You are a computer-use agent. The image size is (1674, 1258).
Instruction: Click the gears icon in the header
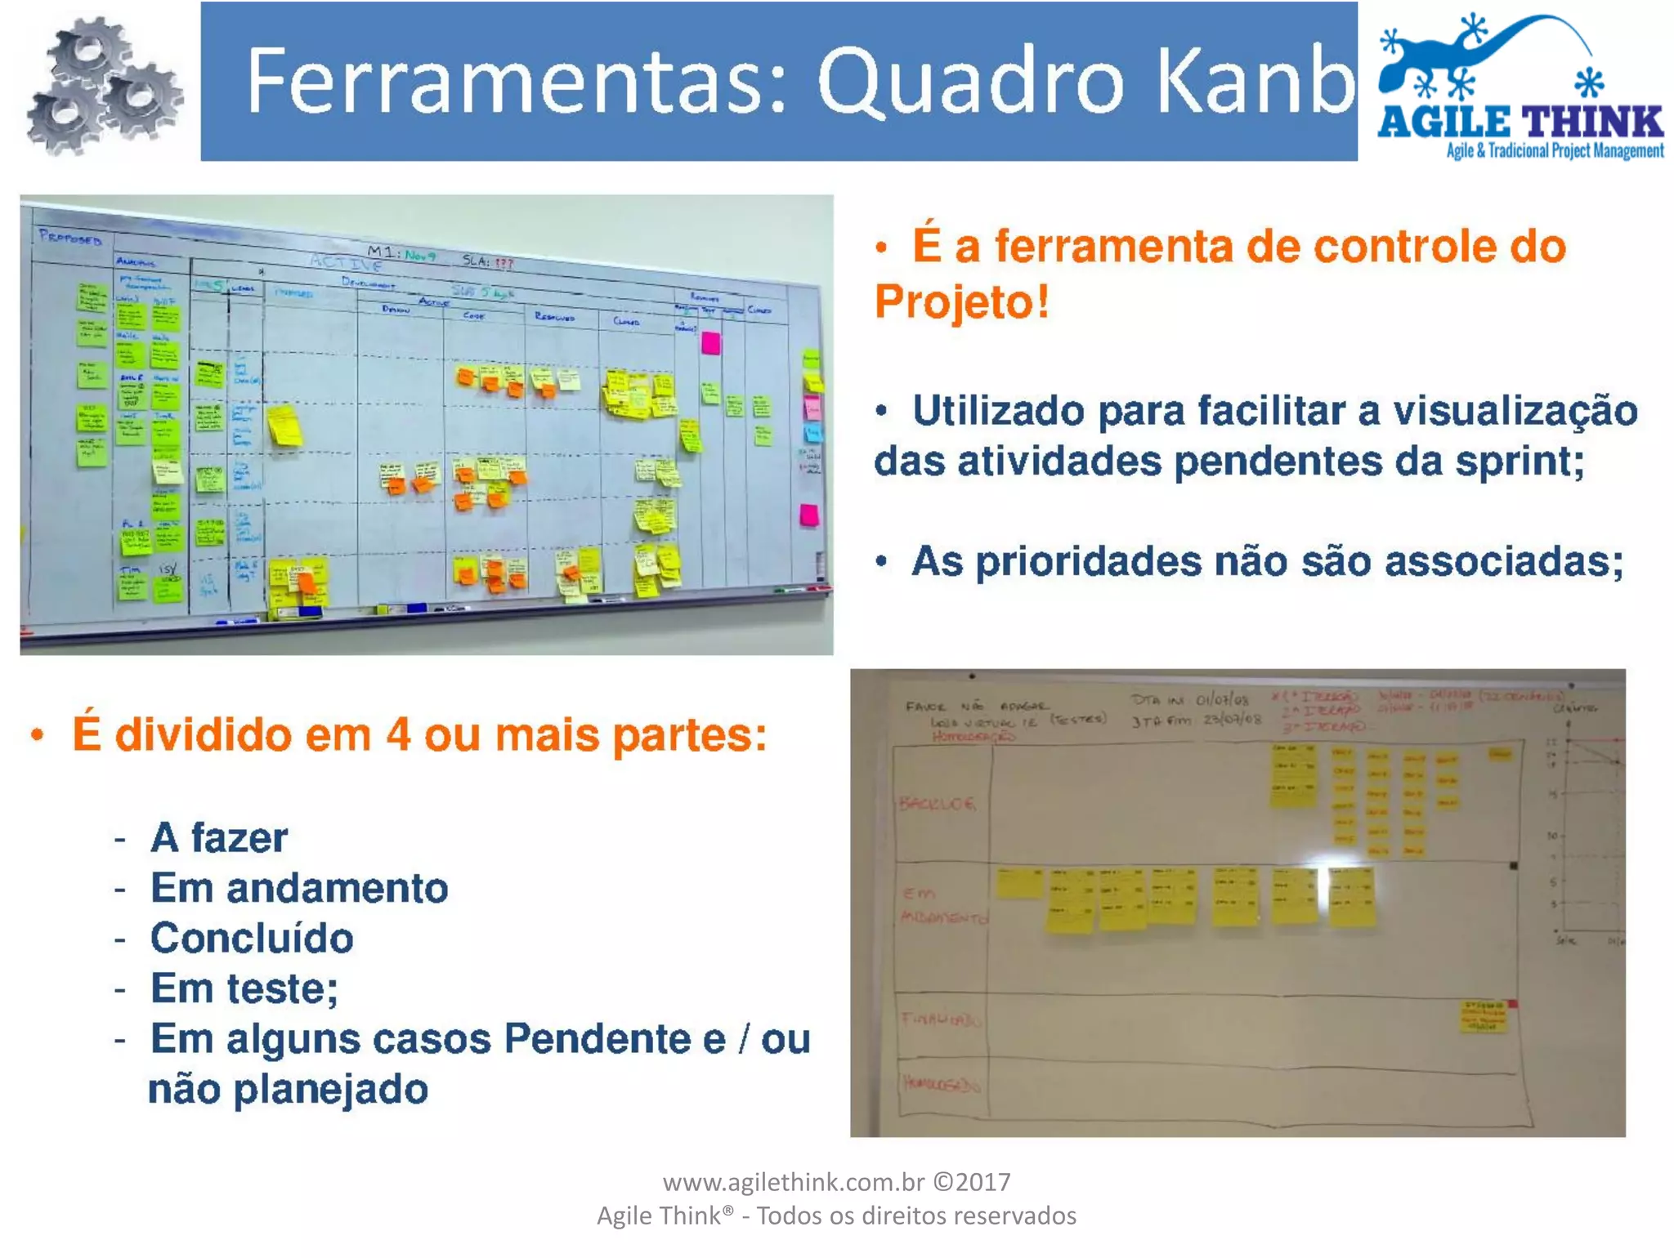click(105, 86)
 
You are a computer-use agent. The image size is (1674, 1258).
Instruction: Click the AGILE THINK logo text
click(1520, 123)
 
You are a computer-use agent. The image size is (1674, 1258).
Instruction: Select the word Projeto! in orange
click(961, 301)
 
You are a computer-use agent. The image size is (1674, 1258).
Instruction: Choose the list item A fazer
click(219, 837)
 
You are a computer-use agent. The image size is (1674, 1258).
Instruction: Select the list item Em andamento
click(299, 888)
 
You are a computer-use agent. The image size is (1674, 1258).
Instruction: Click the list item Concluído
click(252, 938)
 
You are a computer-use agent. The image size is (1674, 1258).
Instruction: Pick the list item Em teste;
click(244, 988)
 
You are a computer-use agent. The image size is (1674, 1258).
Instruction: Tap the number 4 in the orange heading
click(398, 734)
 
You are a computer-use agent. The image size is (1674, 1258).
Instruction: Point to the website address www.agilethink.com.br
click(793, 1182)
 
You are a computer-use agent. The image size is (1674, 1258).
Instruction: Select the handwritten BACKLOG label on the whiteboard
click(937, 804)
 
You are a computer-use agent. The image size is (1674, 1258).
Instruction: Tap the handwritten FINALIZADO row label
click(940, 1019)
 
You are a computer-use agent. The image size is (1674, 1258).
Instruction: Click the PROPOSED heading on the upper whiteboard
click(70, 239)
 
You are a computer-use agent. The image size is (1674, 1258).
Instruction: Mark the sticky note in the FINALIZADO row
click(1484, 1017)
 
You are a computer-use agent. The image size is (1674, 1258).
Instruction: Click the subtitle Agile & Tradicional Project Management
click(1555, 151)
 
